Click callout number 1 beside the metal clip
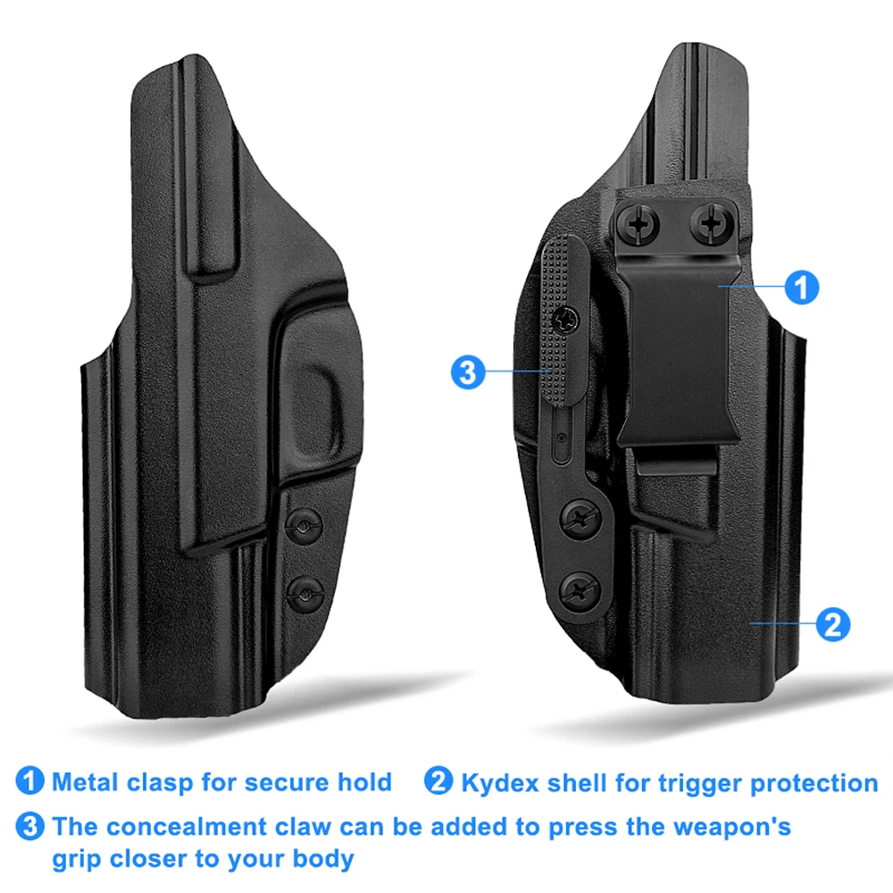[801, 287]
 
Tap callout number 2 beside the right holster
[832, 624]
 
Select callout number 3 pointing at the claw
[468, 372]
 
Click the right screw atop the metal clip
[710, 222]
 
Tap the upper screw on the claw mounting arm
[580, 519]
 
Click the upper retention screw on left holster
[304, 526]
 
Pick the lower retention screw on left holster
[305, 595]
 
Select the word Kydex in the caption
[500, 783]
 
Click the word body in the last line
[324, 859]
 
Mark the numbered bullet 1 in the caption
[29, 780]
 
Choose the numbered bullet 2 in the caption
[438, 780]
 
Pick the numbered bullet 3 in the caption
[29, 826]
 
